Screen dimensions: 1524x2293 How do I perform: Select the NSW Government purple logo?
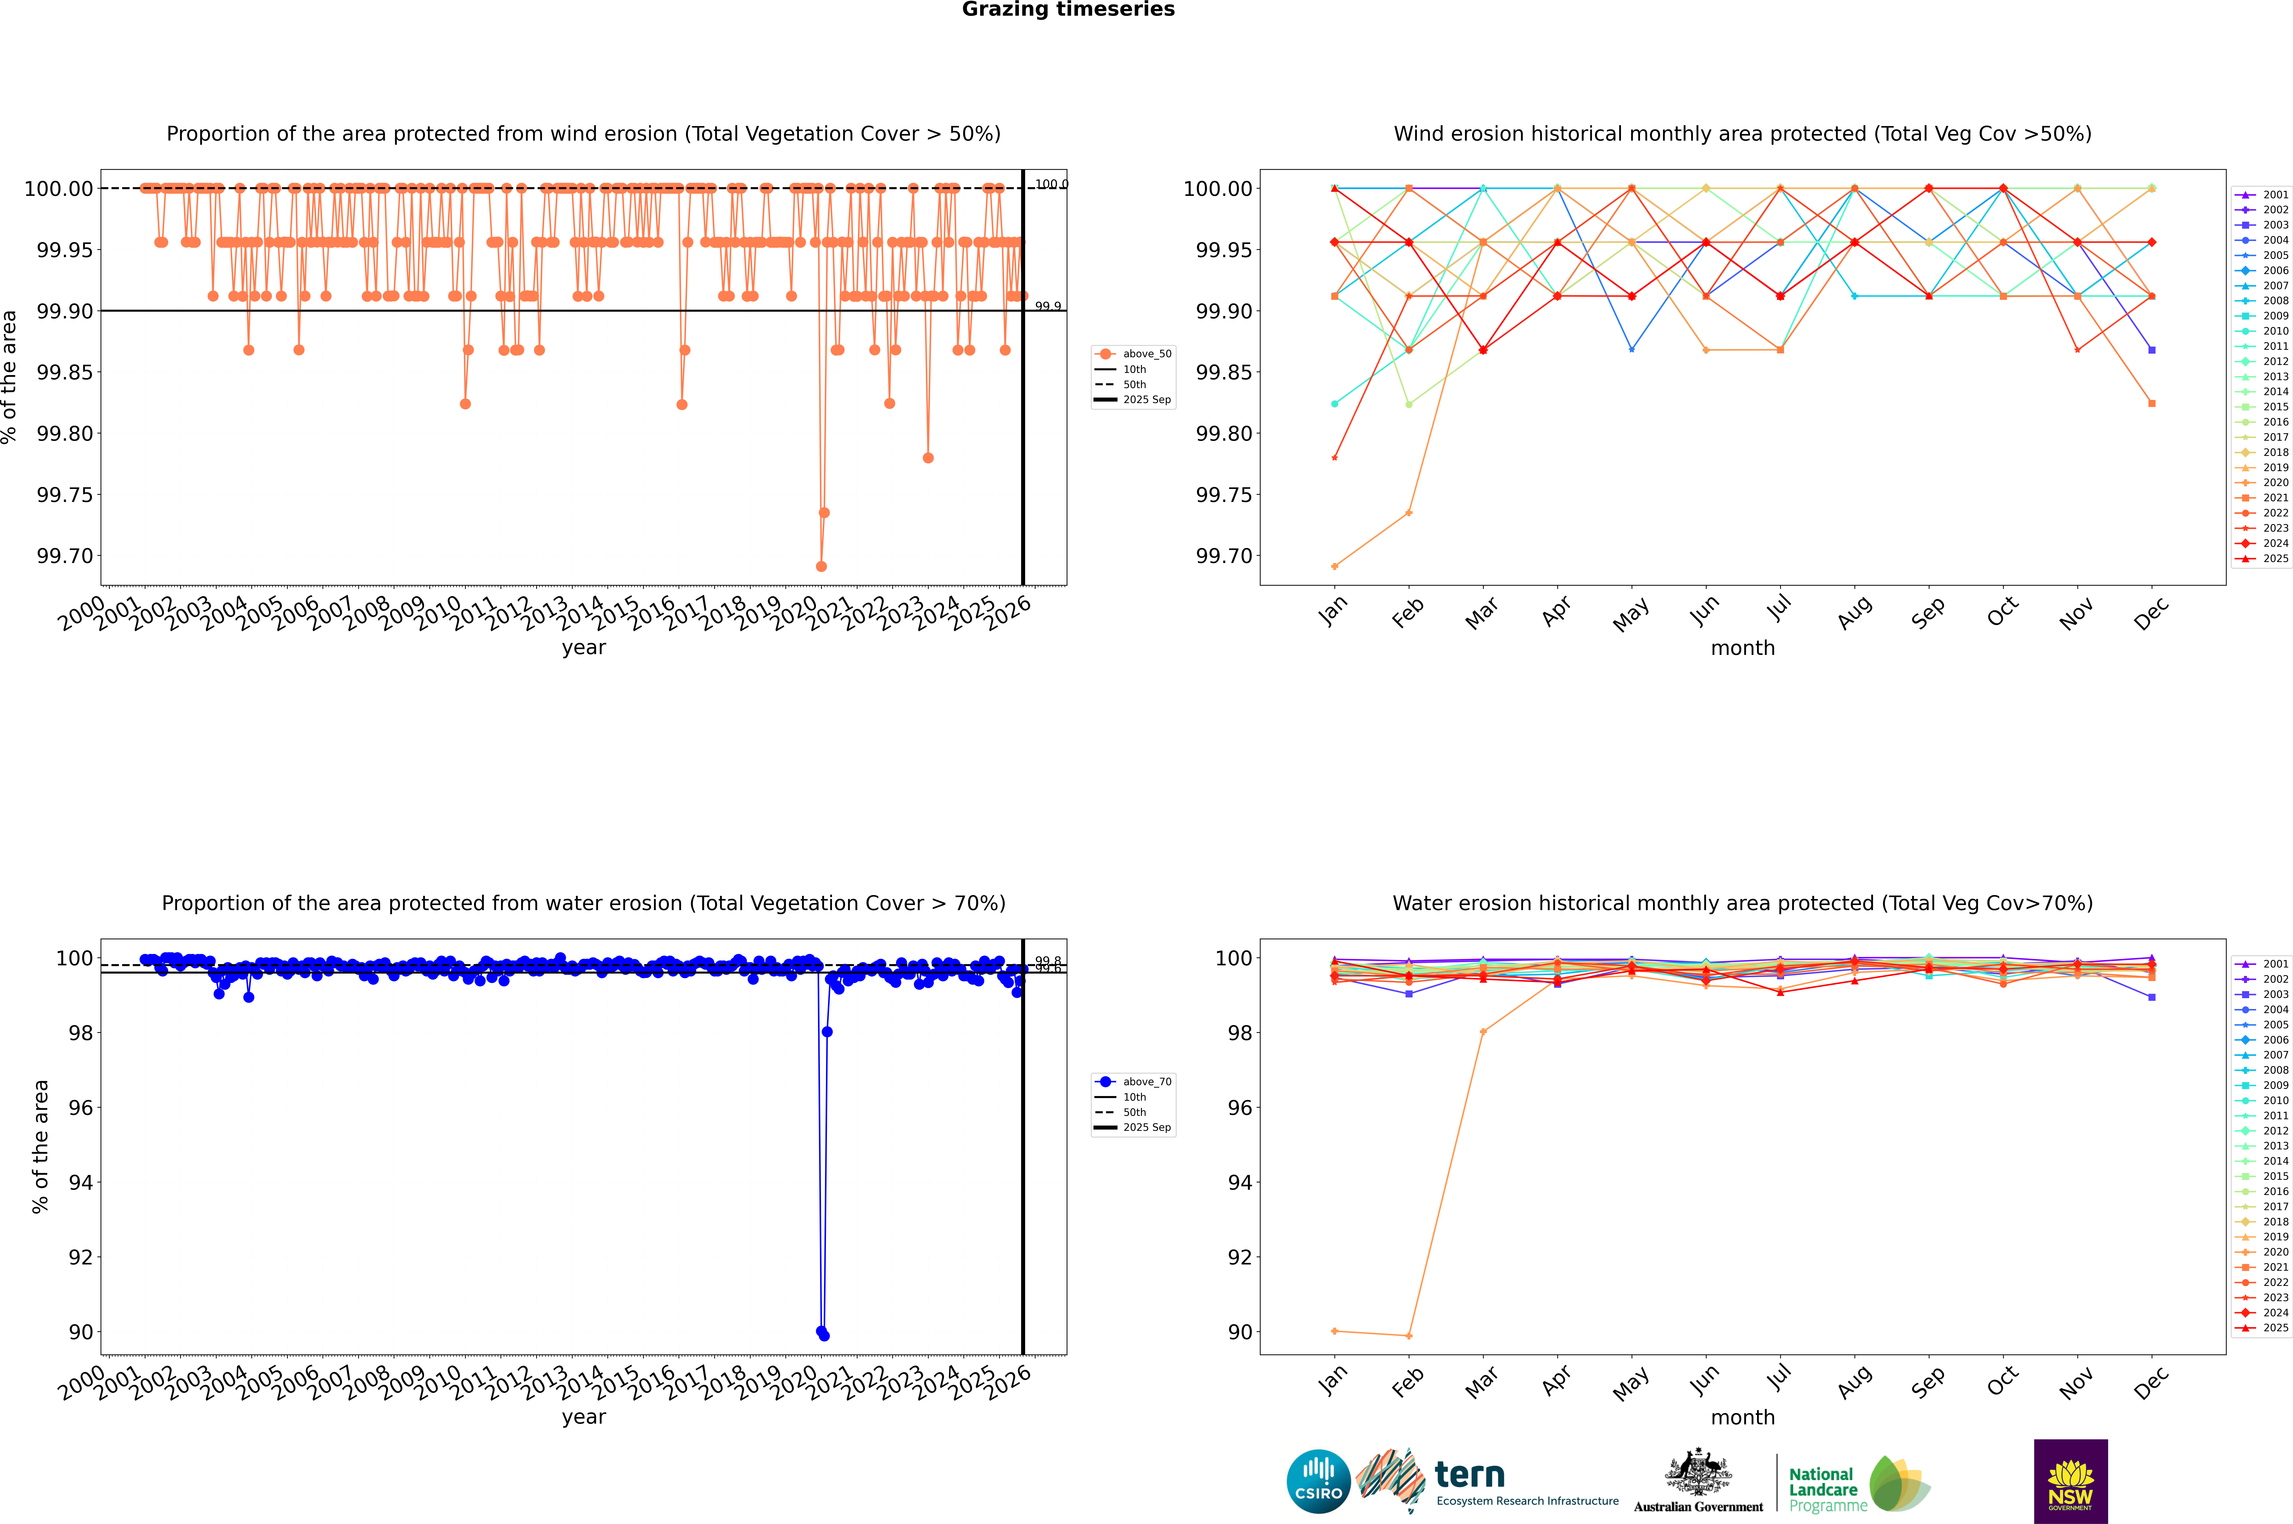(x=2070, y=1481)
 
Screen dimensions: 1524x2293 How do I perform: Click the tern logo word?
(x=1470, y=1476)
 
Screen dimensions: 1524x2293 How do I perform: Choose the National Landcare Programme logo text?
(x=1824, y=1489)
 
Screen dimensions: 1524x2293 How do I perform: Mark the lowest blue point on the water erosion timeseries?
(x=824, y=1335)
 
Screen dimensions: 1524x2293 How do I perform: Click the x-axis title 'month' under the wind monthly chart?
(x=1743, y=648)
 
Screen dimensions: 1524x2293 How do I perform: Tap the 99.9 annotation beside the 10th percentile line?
(x=1048, y=306)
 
